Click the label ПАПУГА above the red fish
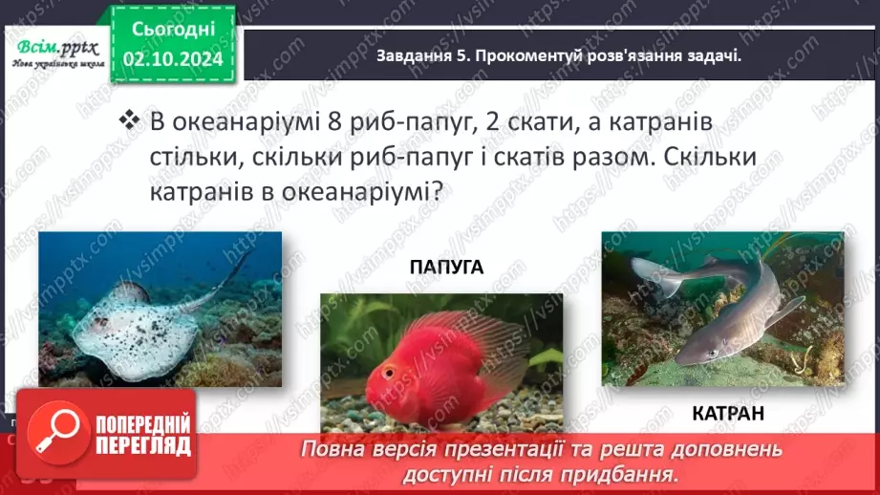pos(446,268)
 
